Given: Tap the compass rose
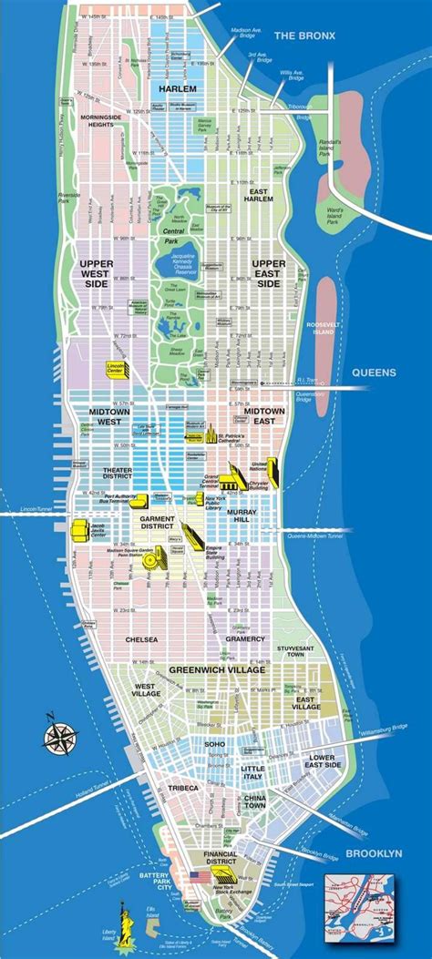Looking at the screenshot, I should point(60,734).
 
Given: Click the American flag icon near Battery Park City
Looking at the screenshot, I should point(194,876).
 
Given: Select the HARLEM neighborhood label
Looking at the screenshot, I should point(178,88).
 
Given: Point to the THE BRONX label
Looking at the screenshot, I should point(305,36).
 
